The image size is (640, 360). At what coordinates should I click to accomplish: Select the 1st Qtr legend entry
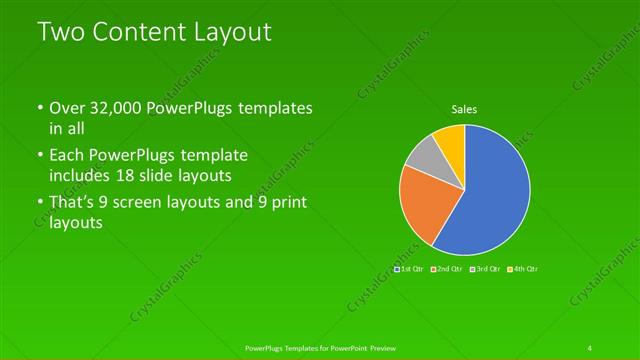[411, 269]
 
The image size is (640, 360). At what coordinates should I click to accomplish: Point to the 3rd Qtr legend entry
[486, 269]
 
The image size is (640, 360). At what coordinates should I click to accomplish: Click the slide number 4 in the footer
[589, 347]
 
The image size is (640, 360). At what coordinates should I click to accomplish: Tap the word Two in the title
[58, 31]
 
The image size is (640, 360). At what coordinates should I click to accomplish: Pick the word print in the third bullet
[285, 203]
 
